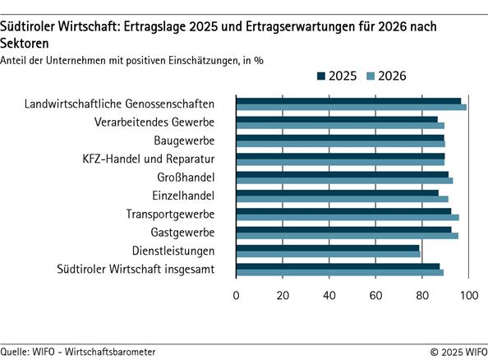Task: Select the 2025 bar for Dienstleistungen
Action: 328,247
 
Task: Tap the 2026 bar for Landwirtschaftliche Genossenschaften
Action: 351,107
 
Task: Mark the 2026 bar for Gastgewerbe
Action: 347,235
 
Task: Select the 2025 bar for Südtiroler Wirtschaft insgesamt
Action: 338,265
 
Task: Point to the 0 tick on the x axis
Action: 237,295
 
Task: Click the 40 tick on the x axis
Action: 329,295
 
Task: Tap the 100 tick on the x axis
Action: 469,295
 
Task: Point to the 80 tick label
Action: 422,295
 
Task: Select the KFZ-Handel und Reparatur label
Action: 149,159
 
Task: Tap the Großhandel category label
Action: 186,177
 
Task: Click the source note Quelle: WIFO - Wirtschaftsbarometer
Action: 78,351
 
